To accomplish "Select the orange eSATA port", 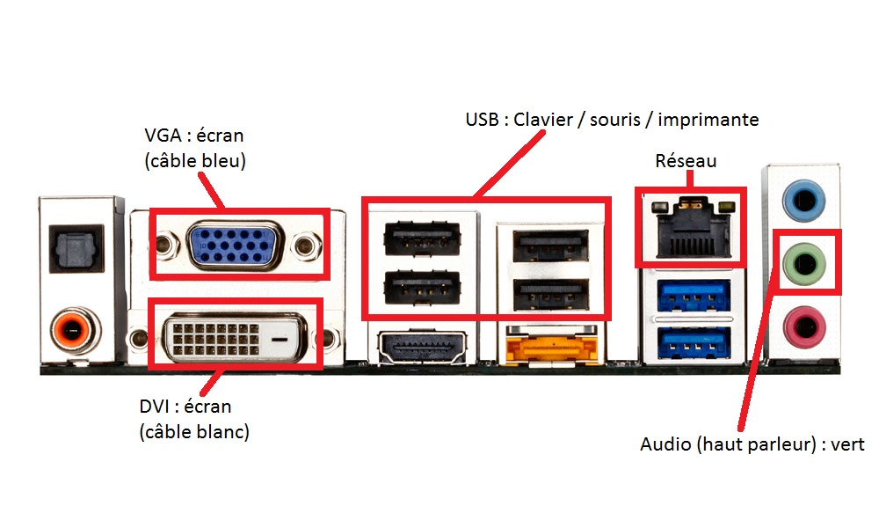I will [x=542, y=350].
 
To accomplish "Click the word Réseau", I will [x=686, y=161].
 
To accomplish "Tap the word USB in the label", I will [x=483, y=119].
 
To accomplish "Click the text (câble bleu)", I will [x=194, y=162].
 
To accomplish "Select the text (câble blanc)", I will [x=194, y=431].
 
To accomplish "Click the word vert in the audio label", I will [x=847, y=444].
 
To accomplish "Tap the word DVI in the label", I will [x=156, y=407].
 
